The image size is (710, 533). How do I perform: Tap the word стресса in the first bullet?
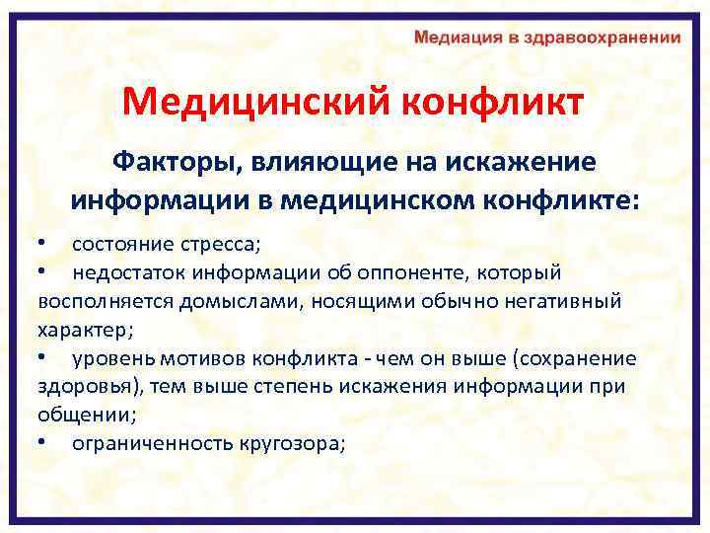[221, 243]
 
